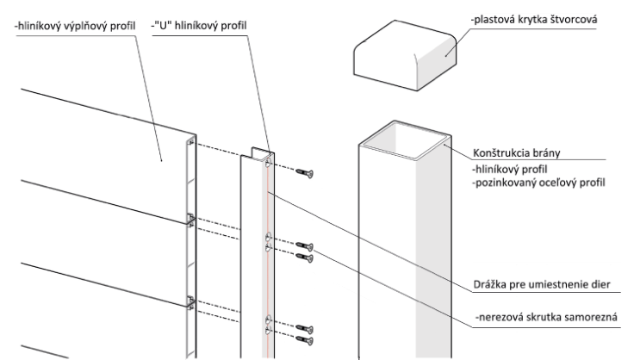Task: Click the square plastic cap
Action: coord(405,55)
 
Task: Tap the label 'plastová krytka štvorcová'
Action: coord(534,20)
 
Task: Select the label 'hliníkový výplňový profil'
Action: coord(75,26)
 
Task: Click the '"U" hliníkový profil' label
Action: coord(198,26)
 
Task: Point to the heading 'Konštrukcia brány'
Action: coord(516,153)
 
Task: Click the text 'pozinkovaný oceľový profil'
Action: coord(538,183)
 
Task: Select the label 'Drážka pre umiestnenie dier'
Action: coord(542,284)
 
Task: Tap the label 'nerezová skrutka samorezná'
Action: coord(546,317)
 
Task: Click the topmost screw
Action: coord(304,173)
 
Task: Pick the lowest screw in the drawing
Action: coord(304,340)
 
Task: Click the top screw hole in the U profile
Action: coord(269,164)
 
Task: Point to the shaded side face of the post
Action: coord(433,251)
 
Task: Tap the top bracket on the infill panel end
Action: coord(190,142)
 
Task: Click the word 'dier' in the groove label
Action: coord(600,284)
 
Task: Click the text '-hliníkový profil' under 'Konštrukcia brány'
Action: coord(509,169)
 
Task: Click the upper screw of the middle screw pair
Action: coord(304,245)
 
